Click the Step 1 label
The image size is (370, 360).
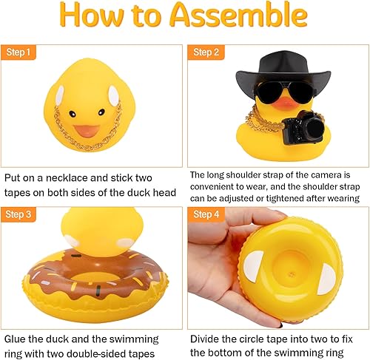coord(19,52)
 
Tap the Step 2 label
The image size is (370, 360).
coord(204,52)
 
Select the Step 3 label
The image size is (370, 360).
coord(19,215)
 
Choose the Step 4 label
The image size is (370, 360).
coord(204,215)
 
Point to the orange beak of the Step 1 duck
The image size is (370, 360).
coord(87,130)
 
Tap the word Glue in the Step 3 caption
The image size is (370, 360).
coord(17,339)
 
